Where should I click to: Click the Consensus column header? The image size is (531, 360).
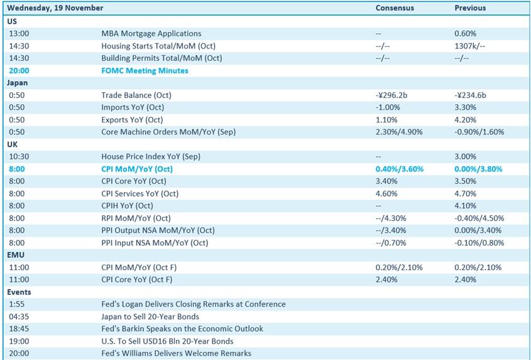(395, 8)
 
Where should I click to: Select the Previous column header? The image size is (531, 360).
(470, 8)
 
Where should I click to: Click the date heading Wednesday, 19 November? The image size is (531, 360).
(55, 8)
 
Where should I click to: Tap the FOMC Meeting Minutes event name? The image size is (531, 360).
(145, 70)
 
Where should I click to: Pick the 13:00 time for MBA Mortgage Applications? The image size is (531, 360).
(19, 33)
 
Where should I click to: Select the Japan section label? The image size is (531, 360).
(18, 82)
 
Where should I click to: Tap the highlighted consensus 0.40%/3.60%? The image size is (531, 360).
(400, 169)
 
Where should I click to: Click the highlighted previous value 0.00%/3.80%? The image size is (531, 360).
(478, 169)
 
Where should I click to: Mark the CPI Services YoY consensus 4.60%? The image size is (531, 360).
(386, 194)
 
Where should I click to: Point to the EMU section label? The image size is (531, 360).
(16, 255)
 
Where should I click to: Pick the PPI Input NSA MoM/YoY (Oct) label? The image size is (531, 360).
(155, 243)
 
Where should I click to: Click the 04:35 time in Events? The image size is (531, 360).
(19, 317)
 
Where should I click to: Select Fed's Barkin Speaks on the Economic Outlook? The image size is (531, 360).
(182, 329)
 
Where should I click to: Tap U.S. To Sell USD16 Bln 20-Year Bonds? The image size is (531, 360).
(167, 341)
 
